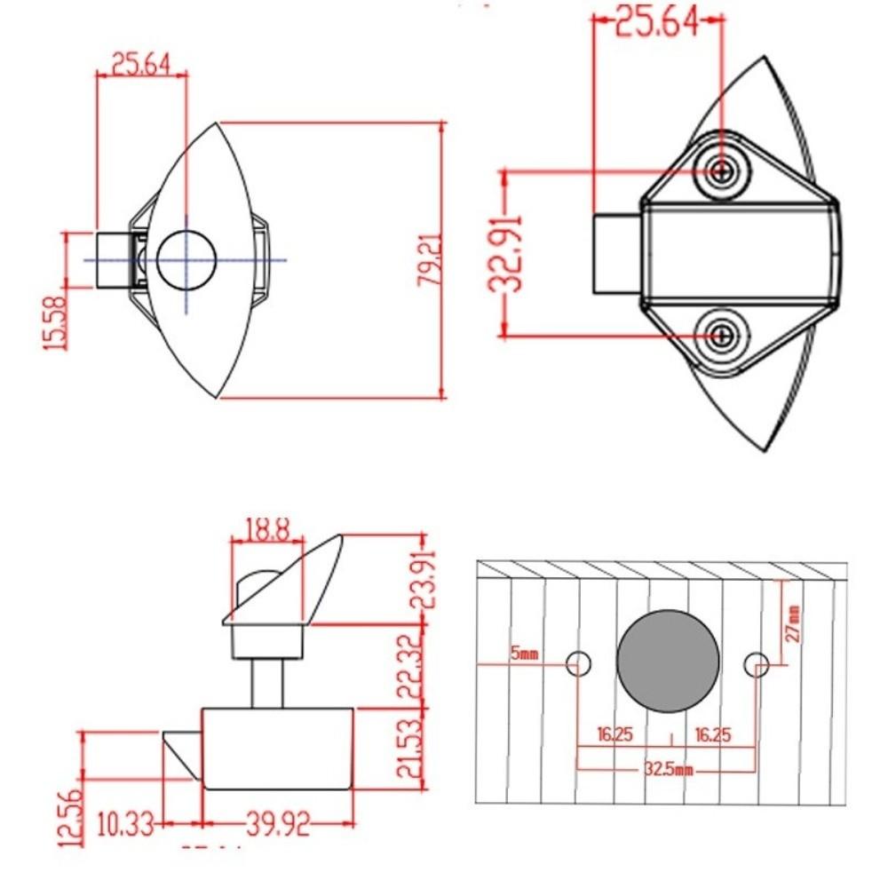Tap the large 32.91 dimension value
coord(508,253)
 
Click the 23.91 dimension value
coord(425,579)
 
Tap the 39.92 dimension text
coord(276,826)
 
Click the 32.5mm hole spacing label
coord(668,769)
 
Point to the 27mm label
coord(793,622)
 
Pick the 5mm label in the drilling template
coord(525,655)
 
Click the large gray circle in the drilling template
coord(668,662)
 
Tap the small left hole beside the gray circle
coord(580,662)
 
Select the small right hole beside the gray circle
coord(757,662)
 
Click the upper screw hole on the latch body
coord(724,170)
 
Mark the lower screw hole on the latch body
coord(724,337)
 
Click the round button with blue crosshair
coord(186,260)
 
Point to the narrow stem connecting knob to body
coord(267,683)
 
